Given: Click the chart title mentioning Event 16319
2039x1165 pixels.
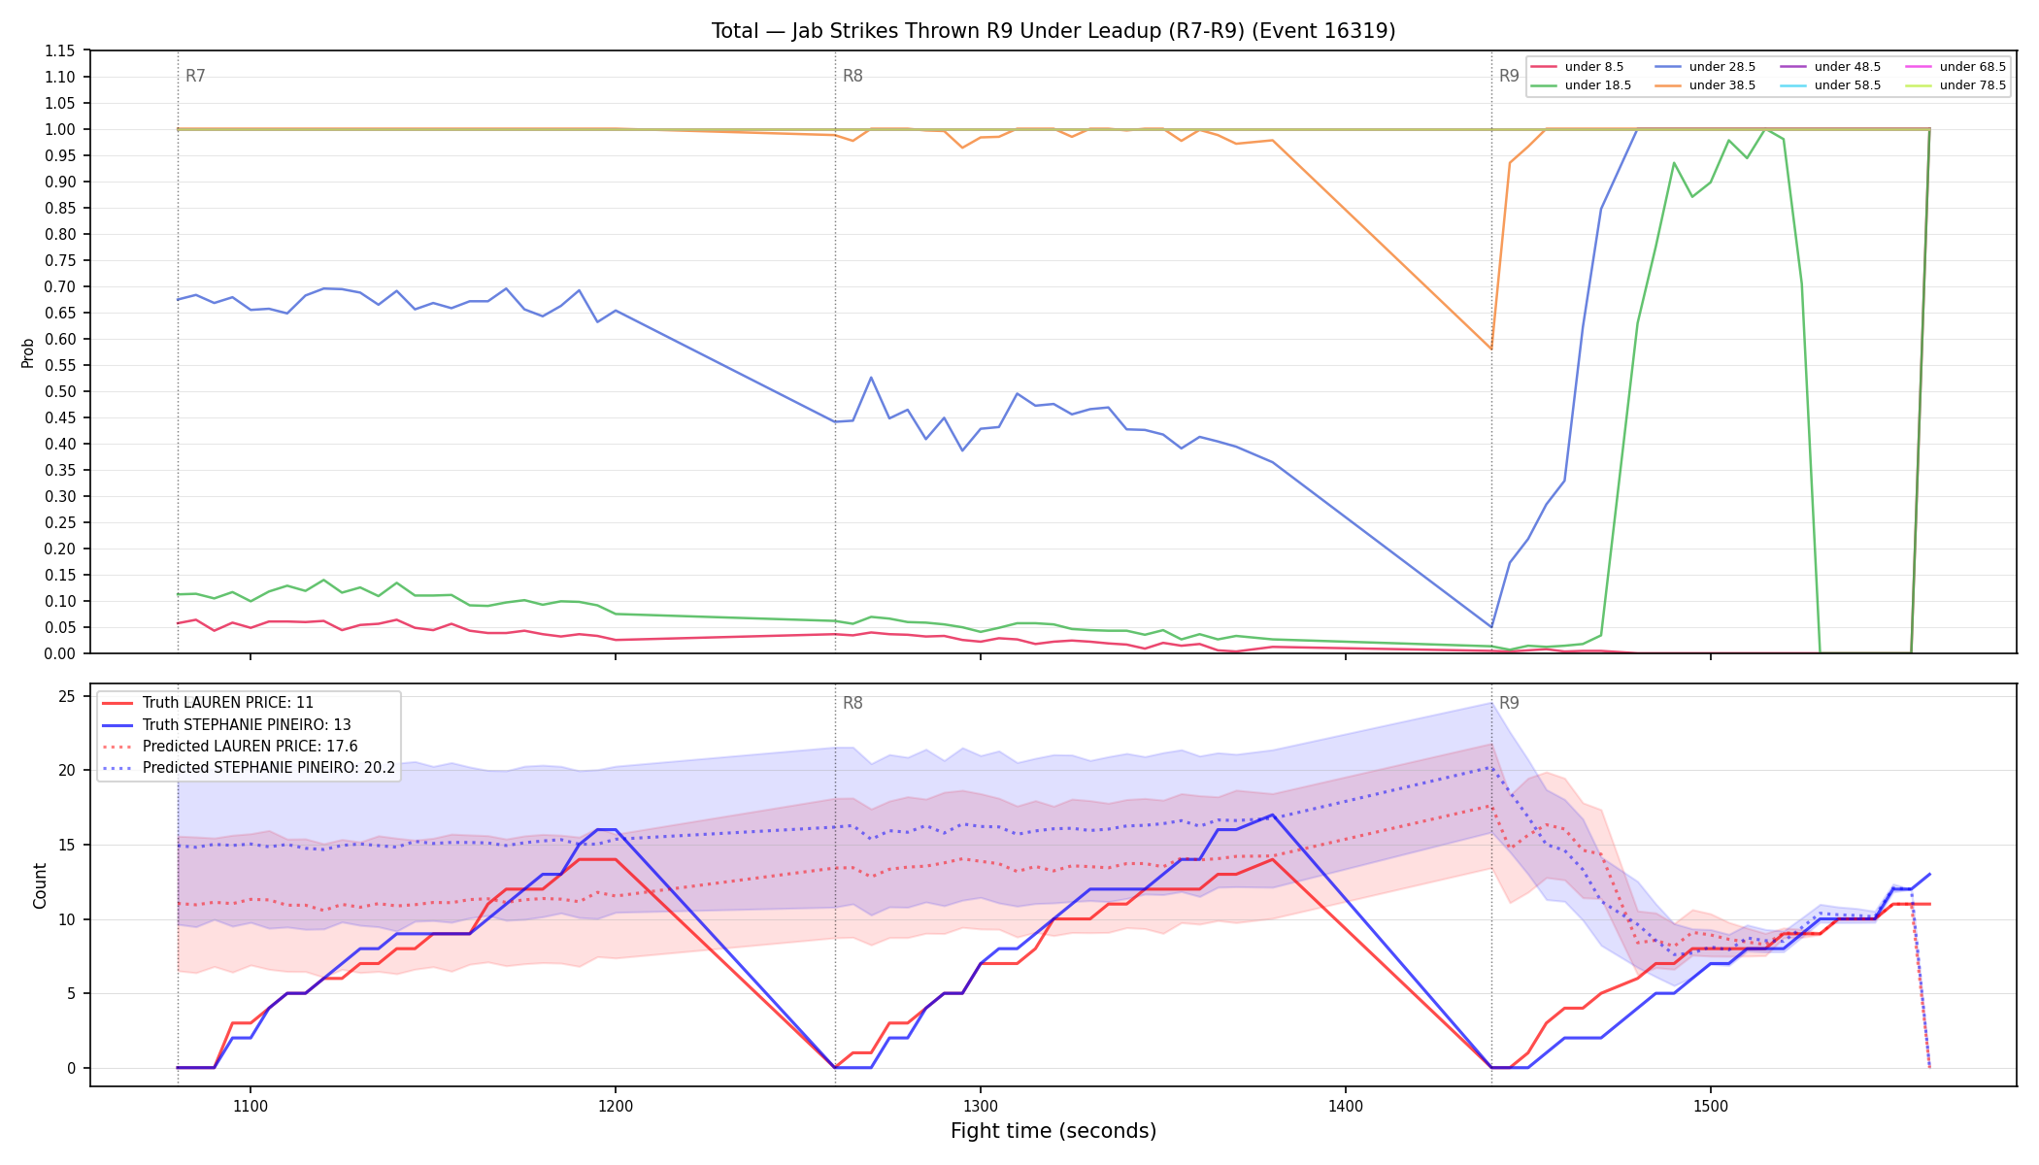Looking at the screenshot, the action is pyautogui.click(x=1053, y=31).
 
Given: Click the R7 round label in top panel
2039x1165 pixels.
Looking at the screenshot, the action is pyautogui.click(x=195, y=76).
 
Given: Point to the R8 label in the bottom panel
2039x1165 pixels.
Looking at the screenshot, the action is pyautogui.click(x=852, y=703).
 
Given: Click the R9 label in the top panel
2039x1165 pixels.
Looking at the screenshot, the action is pyautogui.click(x=1509, y=76).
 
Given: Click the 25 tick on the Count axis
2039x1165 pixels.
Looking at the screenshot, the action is pyautogui.click(x=67, y=696).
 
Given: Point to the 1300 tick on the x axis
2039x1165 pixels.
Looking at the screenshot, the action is pyautogui.click(x=980, y=1106).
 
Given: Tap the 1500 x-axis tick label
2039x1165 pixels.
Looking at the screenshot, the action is pyautogui.click(x=1710, y=1106).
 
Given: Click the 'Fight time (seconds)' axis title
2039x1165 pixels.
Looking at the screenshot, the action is pyautogui.click(x=1053, y=1131).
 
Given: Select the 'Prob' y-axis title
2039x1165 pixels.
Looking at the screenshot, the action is pyautogui.click(x=28, y=352).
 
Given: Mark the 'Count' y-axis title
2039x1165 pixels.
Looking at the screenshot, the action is pyautogui.click(x=40, y=885).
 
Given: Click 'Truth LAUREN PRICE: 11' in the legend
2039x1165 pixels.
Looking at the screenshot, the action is pyautogui.click(x=228, y=703).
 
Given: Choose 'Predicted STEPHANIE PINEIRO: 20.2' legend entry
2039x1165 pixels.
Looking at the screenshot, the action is pyautogui.click(x=269, y=768).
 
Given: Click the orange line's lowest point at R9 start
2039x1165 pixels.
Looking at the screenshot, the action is pyautogui.click(x=1491, y=349).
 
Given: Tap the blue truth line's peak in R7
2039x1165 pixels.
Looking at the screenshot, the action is pyautogui.click(x=606, y=830).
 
